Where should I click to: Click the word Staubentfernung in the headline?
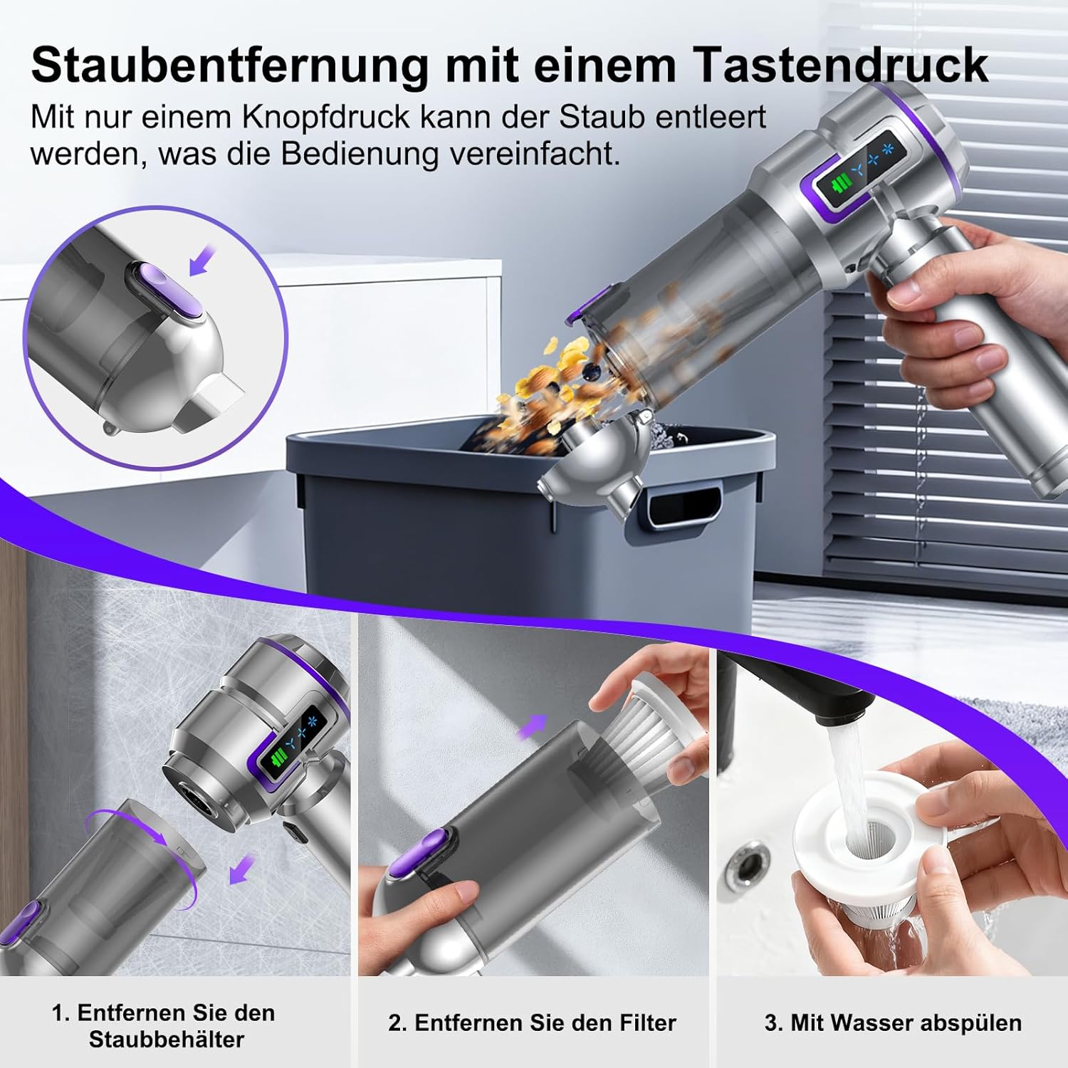pyautogui.click(x=229, y=66)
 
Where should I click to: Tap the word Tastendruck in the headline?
pyautogui.click(x=841, y=66)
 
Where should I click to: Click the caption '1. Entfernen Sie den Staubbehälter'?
pyautogui.click(x=163, y=1025)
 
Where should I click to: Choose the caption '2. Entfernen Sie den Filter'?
pyautogui.click(x=532, y=1023)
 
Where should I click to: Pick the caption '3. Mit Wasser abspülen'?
pyautogui.click(x=893, y=1023)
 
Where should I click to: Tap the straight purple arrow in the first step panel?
pyautogui.click(x=243, y=870)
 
